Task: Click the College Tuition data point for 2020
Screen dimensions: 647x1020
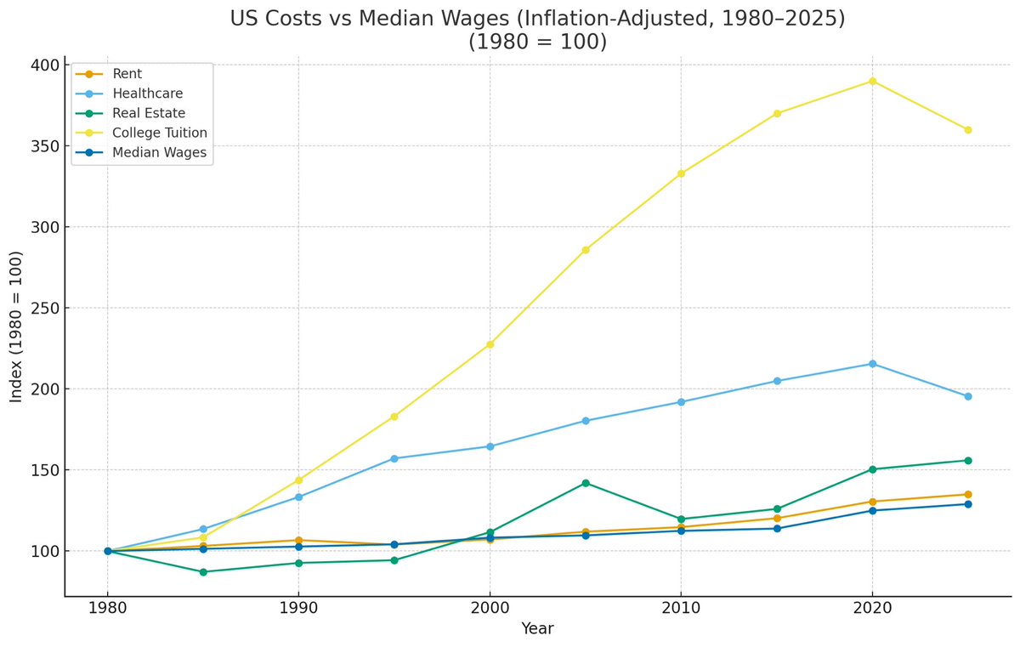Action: coord(872,81)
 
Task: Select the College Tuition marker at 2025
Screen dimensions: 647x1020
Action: coord(967,130)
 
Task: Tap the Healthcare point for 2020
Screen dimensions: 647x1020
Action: coord(872,364)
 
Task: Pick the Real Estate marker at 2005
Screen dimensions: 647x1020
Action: coord(586,483)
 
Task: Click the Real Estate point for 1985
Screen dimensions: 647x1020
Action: coord(203,572)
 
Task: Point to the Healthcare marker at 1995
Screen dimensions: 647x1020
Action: coord(394,458)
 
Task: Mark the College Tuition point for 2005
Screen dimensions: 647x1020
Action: coord(586,250)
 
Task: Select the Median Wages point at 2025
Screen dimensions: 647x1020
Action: coord(967,504)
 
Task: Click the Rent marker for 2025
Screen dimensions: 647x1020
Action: coord(967,494)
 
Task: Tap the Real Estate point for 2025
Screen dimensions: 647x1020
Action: coord(967,461)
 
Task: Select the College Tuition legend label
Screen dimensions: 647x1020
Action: coord(160,133)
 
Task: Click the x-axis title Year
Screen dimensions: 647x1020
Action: coord(537,629)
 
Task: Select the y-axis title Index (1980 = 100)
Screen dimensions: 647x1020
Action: coord(16,326)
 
